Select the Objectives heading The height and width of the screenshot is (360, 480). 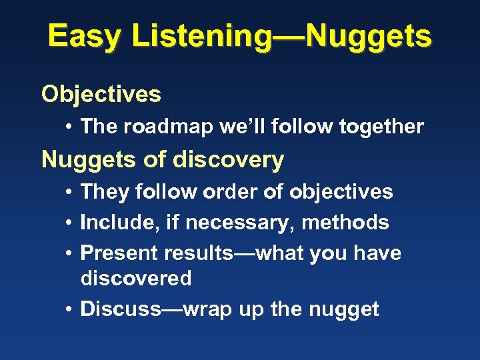click(101, 95)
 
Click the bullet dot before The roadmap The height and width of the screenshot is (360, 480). click(69, 127)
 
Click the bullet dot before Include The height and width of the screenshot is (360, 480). click(69, 223)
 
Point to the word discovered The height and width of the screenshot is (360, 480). click(136, 278)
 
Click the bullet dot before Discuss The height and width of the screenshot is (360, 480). click(69, 310)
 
